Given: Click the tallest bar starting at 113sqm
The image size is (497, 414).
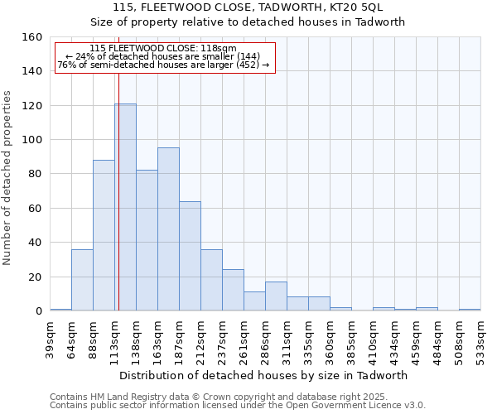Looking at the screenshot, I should pyautogui.click(x=125, y=207).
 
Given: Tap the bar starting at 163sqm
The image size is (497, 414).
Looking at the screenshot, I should pyautogui.click(x=168, y=229).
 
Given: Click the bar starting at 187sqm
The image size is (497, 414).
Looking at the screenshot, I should pyautogui.click(x=190, y=256).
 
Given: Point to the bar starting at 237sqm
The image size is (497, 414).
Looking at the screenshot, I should pyautogui.click(x=233, y=290).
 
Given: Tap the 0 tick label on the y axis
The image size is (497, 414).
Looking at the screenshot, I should pyautogui.click(x=38, y=311).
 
